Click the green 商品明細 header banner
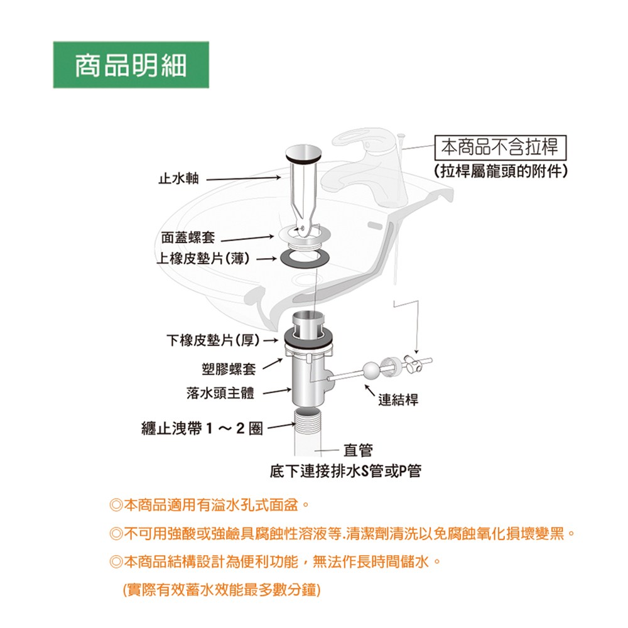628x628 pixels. coord(131,65)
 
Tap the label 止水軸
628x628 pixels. coord(178,178)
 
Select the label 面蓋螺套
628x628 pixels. coord(188,237)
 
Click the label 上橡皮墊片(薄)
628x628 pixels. coord(203,259)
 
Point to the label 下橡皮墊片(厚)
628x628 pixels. coord(213,340)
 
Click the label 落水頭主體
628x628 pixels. coord(220,392)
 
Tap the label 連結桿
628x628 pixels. coord(399,399)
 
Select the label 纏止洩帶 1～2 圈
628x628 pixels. coord(202,428)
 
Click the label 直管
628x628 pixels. coord(358,450)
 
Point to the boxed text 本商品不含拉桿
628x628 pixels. coord(501,148)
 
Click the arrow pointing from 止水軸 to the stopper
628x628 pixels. coord(244,178)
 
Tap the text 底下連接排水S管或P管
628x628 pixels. coord(345,472)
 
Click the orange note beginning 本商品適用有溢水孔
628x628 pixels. coord(209,506)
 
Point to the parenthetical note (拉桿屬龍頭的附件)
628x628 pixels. coord(501,171)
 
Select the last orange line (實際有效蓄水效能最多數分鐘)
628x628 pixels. coord(222,590)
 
